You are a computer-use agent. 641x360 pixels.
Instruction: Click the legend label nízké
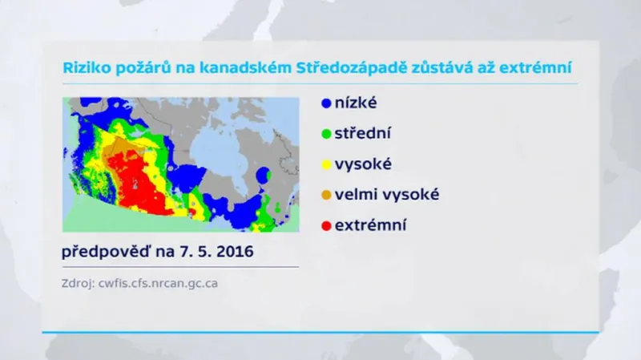coord(357,103)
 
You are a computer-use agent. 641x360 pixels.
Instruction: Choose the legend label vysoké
coord(364,164)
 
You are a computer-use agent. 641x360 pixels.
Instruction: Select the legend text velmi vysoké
coord(387,194)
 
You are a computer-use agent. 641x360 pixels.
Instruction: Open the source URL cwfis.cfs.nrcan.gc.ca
coord(160,283)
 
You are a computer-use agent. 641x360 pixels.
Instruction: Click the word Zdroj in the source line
coord(78,283)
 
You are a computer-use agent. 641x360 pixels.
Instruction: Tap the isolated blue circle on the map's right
coord(262,174)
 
